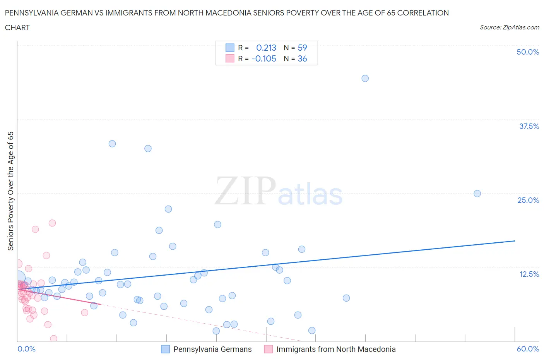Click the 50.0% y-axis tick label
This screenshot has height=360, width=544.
528,52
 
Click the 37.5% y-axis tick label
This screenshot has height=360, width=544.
529,126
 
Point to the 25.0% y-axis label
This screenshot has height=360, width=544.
528,200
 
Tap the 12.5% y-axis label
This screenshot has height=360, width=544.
529,274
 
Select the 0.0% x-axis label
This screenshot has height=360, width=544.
26,349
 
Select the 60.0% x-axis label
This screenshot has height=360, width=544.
528,349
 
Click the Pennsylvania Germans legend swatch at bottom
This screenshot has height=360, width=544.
165,349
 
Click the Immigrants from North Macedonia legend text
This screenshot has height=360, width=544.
336,349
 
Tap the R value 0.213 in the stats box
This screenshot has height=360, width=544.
266,48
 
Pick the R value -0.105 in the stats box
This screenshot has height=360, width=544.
264,58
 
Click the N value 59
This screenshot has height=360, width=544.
302,48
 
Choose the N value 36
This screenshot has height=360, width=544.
302,58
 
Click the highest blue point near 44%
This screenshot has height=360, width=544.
365,78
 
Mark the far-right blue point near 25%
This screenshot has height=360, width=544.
477,194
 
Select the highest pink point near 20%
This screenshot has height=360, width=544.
52,223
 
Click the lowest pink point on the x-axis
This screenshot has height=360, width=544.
54,339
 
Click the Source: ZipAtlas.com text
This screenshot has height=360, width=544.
509,27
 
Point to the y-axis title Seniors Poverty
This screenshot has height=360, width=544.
10,191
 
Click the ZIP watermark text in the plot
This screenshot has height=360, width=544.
245,191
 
